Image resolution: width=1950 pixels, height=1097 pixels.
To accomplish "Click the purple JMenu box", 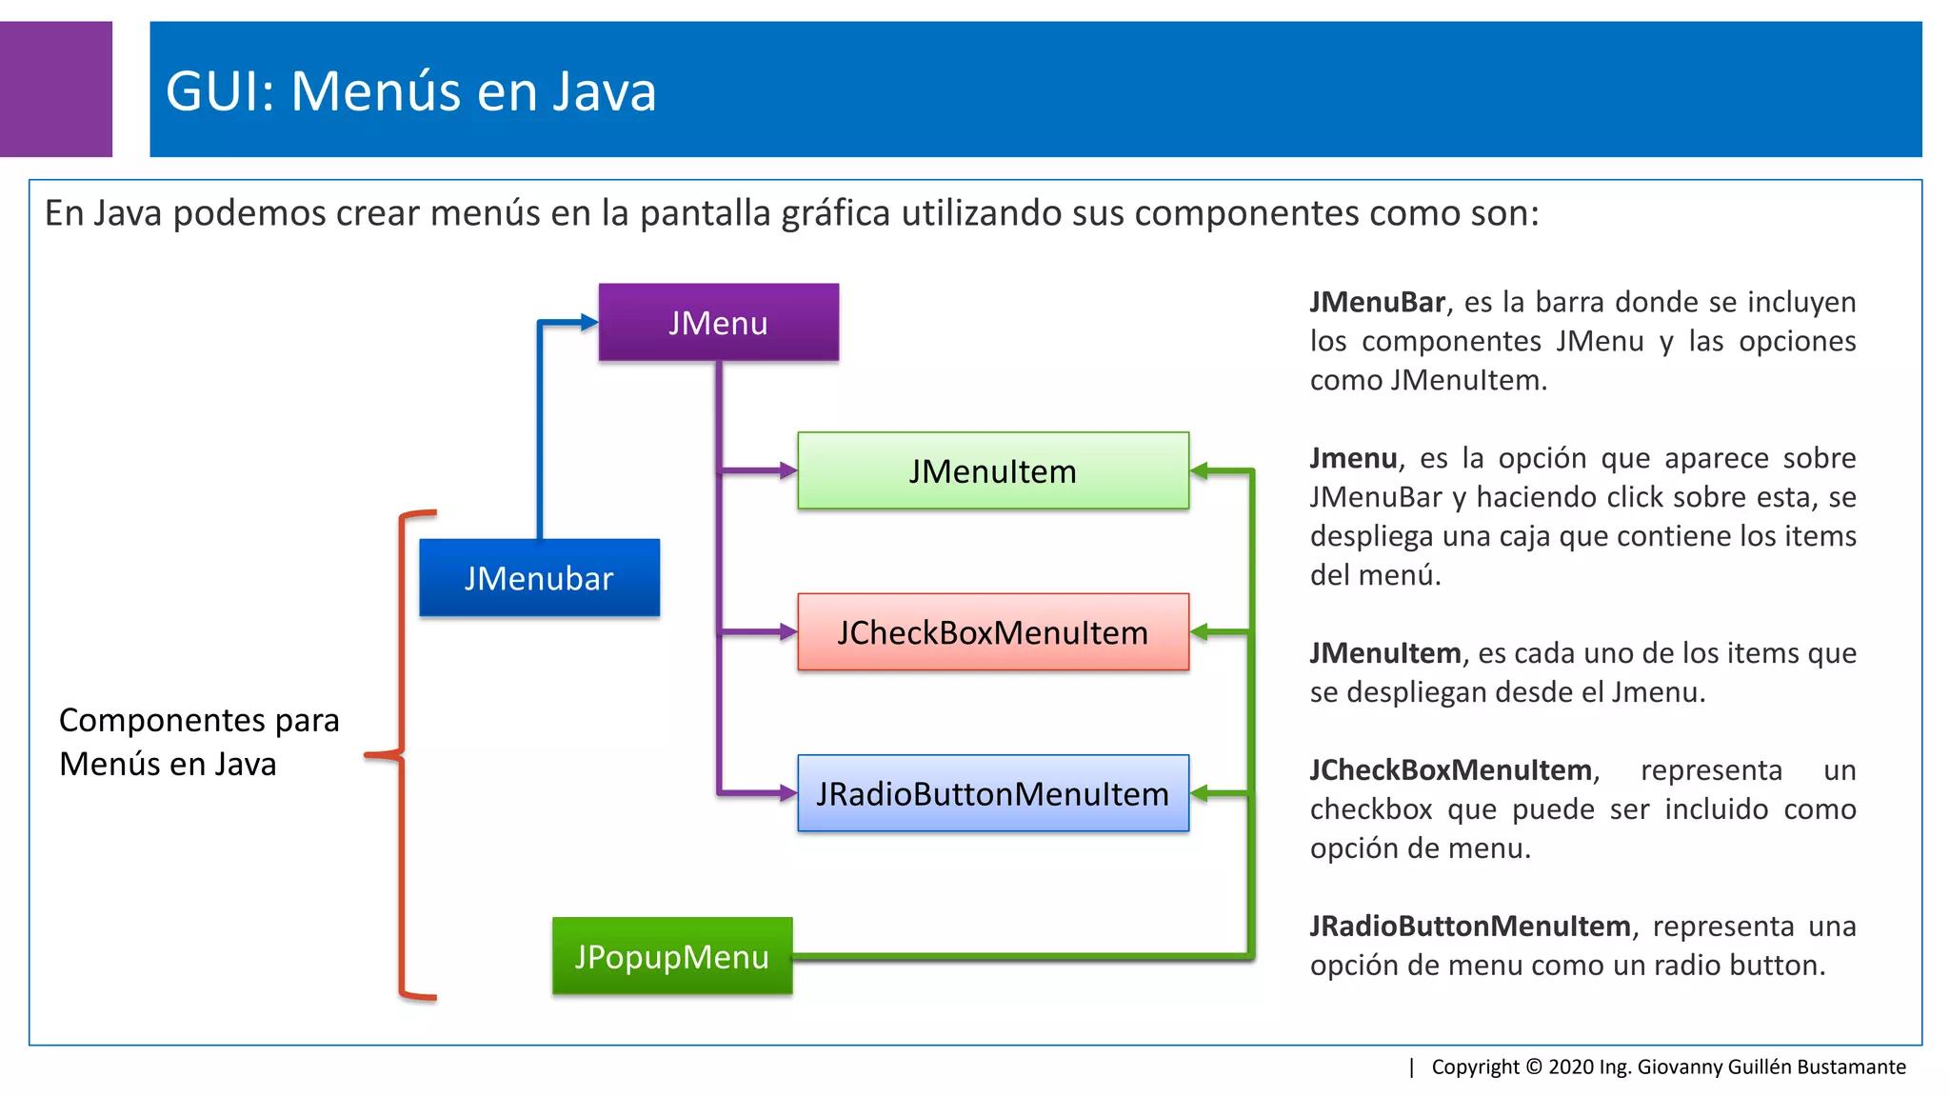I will tap(719, 322).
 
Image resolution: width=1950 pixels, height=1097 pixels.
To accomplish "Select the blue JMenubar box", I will tap(539, 578).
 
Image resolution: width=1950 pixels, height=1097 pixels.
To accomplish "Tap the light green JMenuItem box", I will tap(992, 470).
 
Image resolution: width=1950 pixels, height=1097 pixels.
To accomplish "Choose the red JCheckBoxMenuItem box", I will tap(992, 632).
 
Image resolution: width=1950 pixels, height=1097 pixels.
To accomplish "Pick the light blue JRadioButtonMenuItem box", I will tap(992, 793).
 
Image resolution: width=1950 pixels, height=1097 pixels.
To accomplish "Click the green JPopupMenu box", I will tap(672, 956).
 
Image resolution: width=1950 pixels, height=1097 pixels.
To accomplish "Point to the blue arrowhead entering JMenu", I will tap(589, 322).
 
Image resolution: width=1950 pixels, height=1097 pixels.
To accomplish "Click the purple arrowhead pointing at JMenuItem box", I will tap(788, 470).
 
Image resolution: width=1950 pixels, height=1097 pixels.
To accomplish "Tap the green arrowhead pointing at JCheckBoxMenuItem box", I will tap(1200, 631).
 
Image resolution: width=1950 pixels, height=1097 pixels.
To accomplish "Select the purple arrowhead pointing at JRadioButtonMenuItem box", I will tap(788, 793).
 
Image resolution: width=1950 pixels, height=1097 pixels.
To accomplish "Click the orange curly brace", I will tap(402, 755).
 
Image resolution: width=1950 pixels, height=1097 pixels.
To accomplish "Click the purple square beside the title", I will tap(55, 90).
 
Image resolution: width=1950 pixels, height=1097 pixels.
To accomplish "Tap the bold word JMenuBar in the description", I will tap(1377, 302).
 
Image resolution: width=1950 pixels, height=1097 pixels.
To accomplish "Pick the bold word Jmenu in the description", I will tap(1353, 458).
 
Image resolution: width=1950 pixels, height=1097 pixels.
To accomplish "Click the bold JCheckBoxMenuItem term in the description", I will tap(1450, 769).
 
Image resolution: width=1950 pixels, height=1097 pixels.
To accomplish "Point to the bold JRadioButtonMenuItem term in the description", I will tap(1469, 926).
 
